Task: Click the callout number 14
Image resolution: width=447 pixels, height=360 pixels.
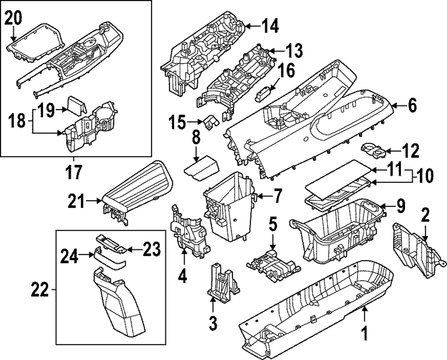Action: coord(269,27)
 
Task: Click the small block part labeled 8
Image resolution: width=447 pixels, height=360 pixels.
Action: coord(202,169)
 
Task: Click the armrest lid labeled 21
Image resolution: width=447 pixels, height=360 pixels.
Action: coord(136,190)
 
